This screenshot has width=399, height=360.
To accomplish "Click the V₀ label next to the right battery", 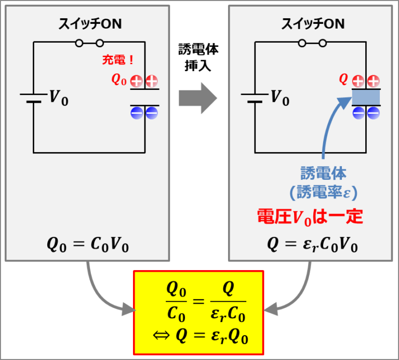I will click(280, 98).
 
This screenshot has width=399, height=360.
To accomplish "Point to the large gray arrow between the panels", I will click(198, 97).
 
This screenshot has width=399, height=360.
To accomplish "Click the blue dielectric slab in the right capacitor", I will click(366, 97).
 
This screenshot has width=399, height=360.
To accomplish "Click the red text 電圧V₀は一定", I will click(310, 216).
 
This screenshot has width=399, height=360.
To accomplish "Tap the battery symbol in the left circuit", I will click(33, 98).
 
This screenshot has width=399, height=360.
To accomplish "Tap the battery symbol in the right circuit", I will click(255, 98).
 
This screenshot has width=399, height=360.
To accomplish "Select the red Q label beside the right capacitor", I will click(343, 79).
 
